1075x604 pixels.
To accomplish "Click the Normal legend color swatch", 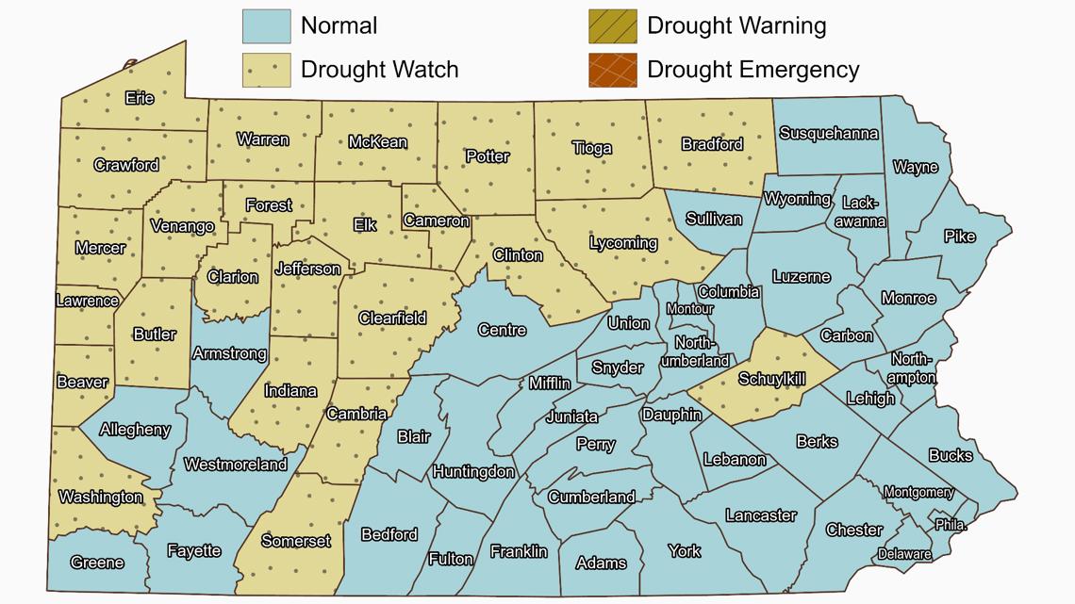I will pos(266,25).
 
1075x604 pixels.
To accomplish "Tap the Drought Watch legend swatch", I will pos(266,70).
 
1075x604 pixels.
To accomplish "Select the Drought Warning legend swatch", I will pos(612,25).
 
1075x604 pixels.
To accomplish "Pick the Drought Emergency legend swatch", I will pos(612,70).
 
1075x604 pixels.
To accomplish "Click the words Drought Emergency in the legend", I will pos(752,70).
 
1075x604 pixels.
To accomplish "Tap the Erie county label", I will pos(140,98).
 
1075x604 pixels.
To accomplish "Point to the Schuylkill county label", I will pos(772,380).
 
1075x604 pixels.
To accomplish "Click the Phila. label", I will pos(951,525).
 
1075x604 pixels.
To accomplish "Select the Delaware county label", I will pos(904,554).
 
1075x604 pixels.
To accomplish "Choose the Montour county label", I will pos(689,309).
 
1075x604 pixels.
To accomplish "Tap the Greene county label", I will pos(97,563).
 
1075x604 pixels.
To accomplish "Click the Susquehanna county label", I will pos(829,134).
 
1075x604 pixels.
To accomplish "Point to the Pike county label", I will pos(960,237).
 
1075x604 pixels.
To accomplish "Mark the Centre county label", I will pos(502,330).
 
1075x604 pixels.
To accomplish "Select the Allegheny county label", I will pos(135,430).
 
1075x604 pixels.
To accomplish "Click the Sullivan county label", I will pos(714,219).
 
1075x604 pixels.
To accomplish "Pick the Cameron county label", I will pos(437,221).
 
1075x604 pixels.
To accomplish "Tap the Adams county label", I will pos(601,563).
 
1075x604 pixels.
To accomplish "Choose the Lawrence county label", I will pos(88,302).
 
